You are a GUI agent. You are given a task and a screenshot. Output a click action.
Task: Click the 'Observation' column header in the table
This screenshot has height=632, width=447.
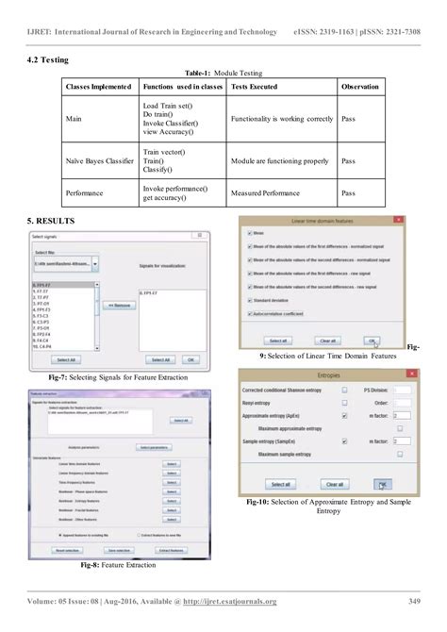pos(360,87)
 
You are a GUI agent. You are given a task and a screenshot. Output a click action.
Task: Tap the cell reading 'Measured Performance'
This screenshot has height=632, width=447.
pos(259,193)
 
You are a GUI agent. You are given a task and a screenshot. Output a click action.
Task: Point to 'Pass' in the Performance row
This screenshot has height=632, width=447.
pos(348,193)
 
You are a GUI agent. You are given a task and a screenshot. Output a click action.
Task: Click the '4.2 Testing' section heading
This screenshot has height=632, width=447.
pos(48,60)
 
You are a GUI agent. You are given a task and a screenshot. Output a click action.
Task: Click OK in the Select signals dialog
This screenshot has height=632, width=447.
pos(190,359)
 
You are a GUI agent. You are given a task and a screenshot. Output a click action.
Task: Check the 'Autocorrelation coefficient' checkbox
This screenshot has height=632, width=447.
pos(247,314)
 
